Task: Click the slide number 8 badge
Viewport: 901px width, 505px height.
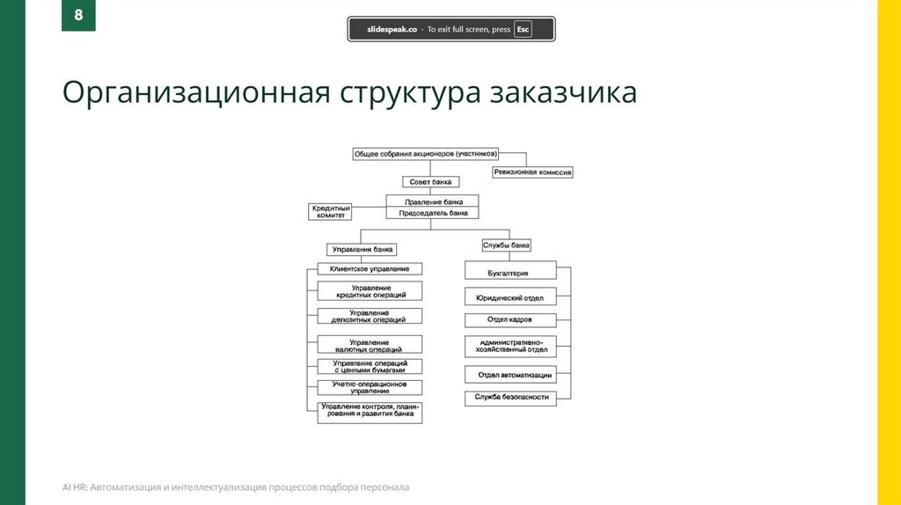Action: [78, 16]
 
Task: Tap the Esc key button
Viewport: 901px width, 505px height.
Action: [523, 29]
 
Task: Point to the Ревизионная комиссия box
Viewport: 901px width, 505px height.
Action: [532, 172]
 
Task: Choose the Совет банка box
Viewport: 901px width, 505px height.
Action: [431, 182]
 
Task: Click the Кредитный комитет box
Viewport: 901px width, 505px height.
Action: [330, 211]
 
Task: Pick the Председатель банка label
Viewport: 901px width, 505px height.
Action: [431, 213]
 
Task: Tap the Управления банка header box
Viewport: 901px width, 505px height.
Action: [362, 249]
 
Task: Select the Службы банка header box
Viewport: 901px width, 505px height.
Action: [506, 245]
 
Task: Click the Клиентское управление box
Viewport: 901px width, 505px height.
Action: [369, 268]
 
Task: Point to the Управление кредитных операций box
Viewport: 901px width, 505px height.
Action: [370, 290]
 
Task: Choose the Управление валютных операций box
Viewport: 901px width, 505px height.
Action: [370, 345]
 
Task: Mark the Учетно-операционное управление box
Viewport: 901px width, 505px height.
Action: [370, 387]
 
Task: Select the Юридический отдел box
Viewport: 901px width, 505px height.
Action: [509, 297]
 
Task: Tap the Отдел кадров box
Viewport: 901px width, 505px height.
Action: [509, 319]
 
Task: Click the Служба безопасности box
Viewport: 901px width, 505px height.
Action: [511, 397]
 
